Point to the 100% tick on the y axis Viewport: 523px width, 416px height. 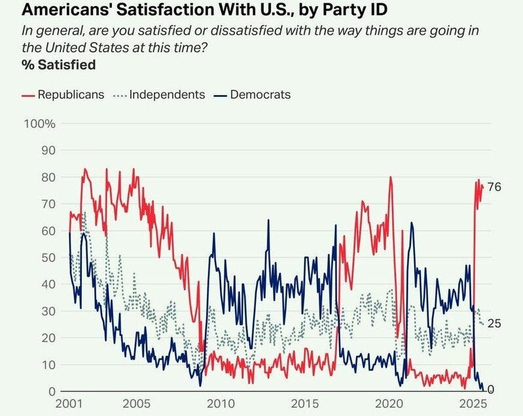40,124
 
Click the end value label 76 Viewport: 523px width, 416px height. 495,187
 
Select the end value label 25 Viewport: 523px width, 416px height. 495,324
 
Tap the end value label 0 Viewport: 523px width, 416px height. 492,390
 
